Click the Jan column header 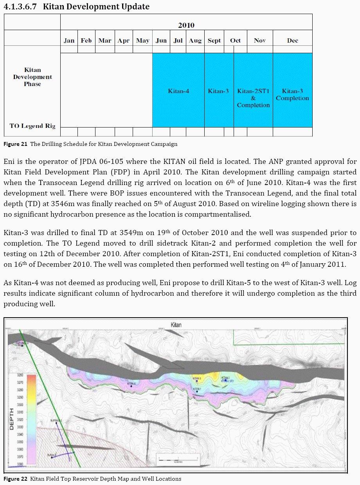click(69, 41)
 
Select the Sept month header click(214, 41)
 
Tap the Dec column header click(292, 41)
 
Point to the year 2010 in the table click(186, 25)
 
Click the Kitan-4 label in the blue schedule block click(178, 91)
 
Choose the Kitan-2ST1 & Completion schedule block click(253, 98)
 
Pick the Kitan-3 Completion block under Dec click(292, 95)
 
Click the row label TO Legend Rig click(32, 126)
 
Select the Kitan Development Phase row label click(32, 77)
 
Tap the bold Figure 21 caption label click(15, 144)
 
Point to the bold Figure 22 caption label click(15, 479)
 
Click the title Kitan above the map click(176, 325)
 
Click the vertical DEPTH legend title click(11, 419)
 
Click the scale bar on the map click(178, 458)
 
